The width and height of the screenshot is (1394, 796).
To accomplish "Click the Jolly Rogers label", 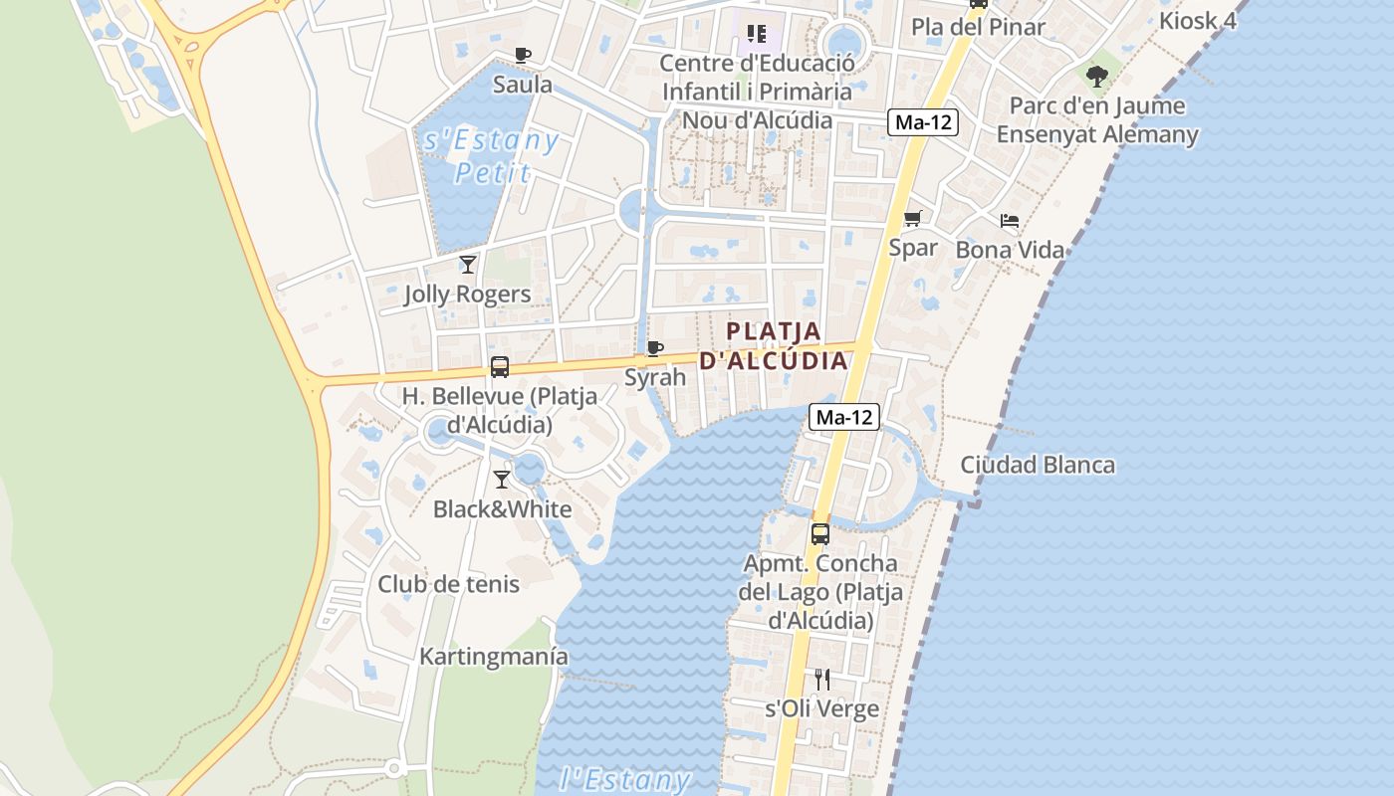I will click(x=467, y=295).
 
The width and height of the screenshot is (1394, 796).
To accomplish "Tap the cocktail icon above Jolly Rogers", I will click(x=468, y=265).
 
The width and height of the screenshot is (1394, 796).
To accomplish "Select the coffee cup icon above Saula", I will click(x=523, y=56).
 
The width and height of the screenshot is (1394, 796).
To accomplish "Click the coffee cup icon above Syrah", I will click(x=654, y=348).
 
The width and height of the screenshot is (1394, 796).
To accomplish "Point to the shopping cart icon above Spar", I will click(x=913, y=219).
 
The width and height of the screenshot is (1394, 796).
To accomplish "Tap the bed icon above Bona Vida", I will click(x=1010, y=221).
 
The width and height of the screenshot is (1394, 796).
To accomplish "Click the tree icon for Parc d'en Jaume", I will click(x=1097, y=76).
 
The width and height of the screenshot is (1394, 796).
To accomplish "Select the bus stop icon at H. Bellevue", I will click(x=500, y=367).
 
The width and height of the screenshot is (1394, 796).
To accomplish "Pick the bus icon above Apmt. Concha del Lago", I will click(x=819, y=533).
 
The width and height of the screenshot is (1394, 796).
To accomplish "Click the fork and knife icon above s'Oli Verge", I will click(x=821, y=680).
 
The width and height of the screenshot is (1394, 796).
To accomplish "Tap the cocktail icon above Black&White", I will click(x=502, y=480).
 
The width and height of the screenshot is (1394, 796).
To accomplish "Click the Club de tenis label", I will click(x=448, y=584).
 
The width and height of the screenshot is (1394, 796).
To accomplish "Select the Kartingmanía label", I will click(x=494, y=657).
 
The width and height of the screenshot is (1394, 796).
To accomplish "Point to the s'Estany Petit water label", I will click(x=492, y=156).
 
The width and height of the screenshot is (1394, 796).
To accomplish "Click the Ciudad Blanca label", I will click(x=1038, y=465).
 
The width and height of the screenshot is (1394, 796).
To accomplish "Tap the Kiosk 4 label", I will click(x=1197, y=20).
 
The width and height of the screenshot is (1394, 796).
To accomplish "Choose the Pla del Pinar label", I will click(x=978, y=27).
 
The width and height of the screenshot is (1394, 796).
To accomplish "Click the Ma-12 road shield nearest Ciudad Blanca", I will click(x=843, y=417).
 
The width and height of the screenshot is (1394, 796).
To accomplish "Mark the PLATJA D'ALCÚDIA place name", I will click(x=774, y=345).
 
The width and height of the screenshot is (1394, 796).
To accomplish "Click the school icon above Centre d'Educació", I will click(x=757, y=35).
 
